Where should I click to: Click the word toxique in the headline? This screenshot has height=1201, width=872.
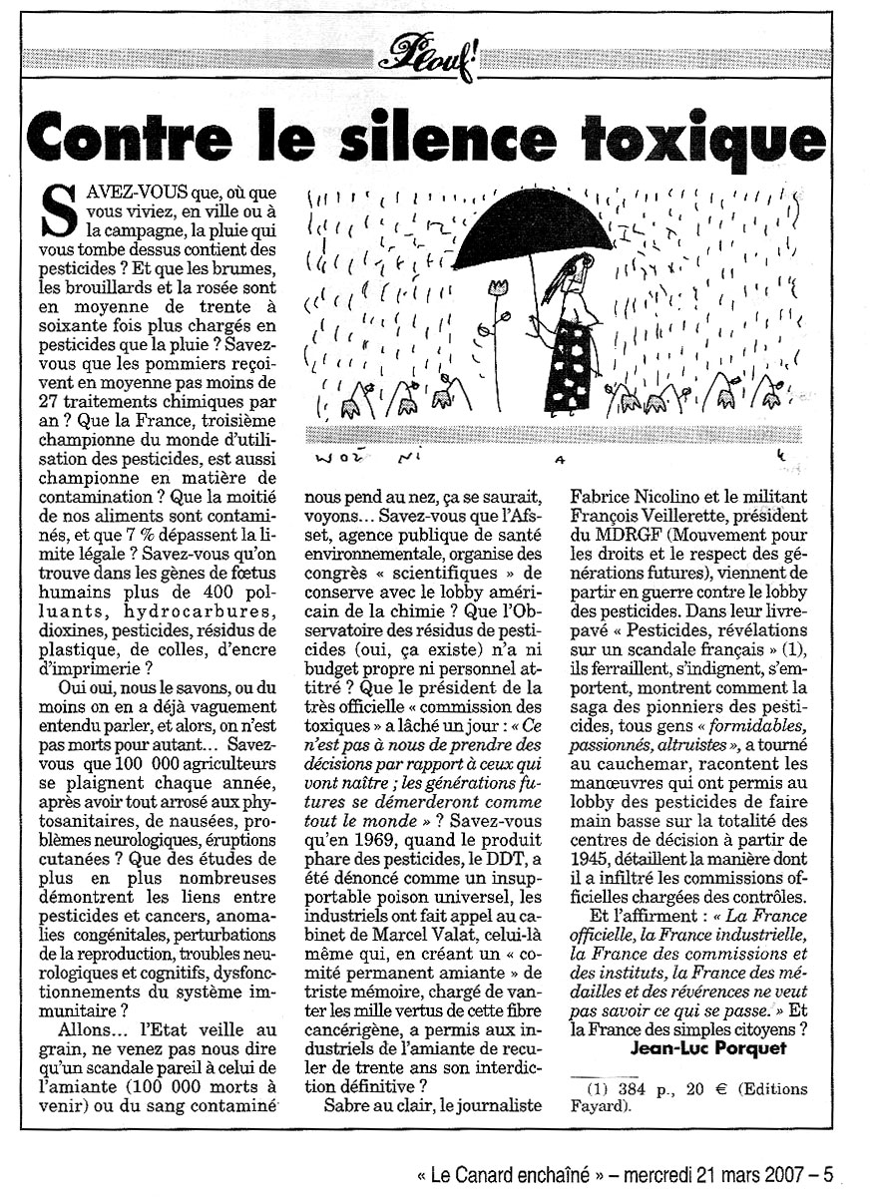click(709, 142)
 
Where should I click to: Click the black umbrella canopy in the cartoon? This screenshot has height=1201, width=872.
click(530, 220)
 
